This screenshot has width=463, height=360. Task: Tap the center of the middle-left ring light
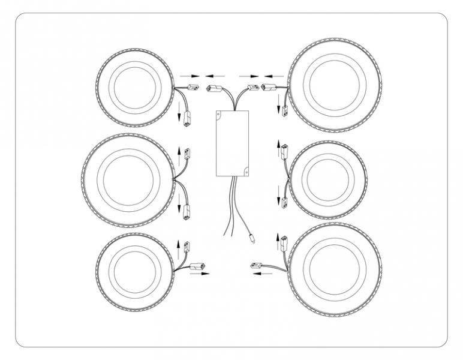click(x=126, y=180)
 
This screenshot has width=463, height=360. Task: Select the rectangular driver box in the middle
click(x=231, y=143)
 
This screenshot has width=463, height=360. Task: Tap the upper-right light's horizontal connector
click(x=269, y=88)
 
